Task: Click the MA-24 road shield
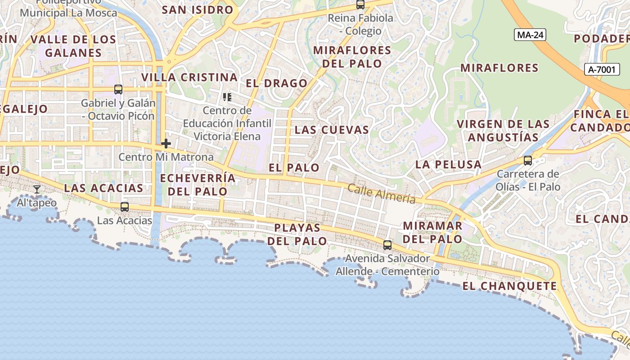(x=530, y=35)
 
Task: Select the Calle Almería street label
(x=381, y=193)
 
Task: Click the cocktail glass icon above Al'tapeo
(x=37, y=189)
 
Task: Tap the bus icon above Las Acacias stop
(x=125, y=207)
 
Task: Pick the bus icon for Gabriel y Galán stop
(x=118, y=90)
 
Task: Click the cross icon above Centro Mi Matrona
(x=166, y=144)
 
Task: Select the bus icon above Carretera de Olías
(x=528, y=160)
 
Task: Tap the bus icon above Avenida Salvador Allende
(x=387, y=245)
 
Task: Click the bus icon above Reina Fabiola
(x=360, y=5)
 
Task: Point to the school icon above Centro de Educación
(x=227, y=97)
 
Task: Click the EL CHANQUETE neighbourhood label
(x=509, y=286)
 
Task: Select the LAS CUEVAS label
(x=332, y=130)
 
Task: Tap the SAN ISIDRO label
(x=198, y=10)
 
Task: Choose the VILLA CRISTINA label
(x=189, y=77)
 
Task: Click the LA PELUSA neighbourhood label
(x=448, y=165)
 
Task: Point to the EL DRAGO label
(x=277, y=83)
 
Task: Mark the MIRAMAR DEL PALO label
(x=432, y=232)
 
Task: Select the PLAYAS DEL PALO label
(x=297, y=234)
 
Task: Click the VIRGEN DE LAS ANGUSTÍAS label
(x=503, y=130)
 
